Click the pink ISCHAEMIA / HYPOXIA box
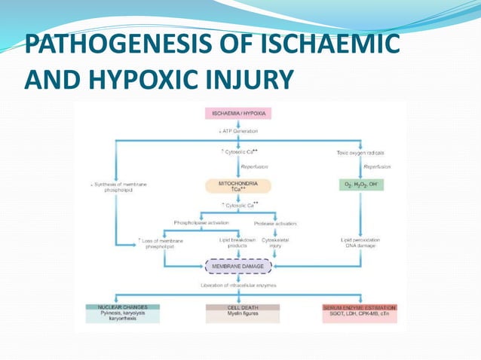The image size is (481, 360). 238,114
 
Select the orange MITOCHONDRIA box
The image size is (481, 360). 238,187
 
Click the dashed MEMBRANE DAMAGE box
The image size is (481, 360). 238,267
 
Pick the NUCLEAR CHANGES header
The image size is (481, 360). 117,307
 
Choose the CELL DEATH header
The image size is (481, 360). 243,307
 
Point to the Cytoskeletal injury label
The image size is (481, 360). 277,243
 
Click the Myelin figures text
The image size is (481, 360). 243,314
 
